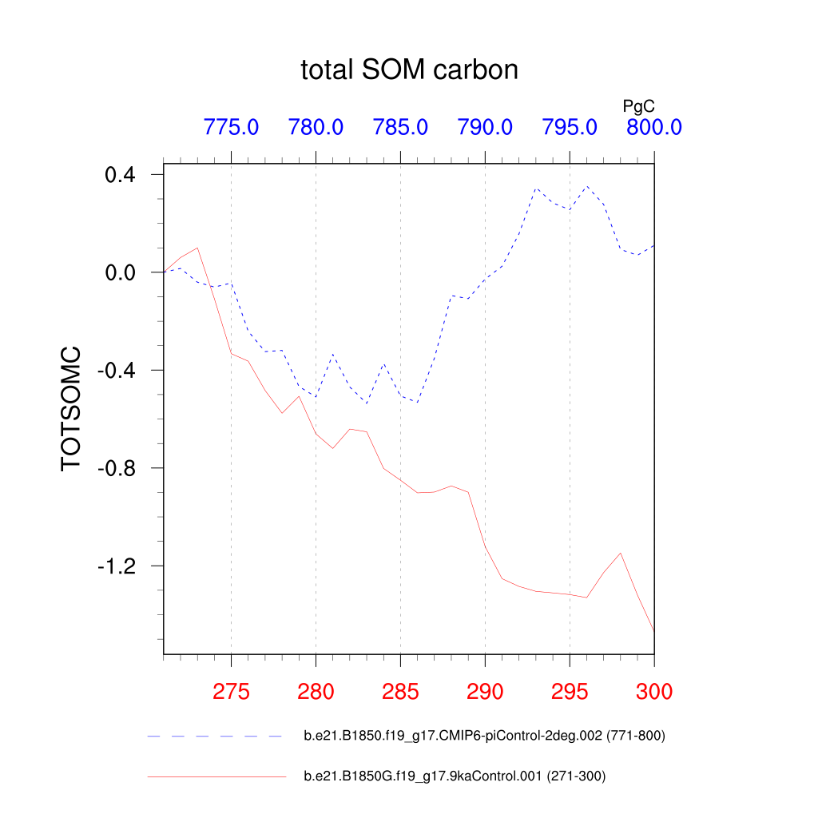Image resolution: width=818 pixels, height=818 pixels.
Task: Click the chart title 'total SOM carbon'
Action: (409, 70)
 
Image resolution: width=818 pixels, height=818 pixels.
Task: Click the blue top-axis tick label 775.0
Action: (231, 127)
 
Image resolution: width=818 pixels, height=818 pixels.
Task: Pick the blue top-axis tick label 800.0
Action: (653, 127)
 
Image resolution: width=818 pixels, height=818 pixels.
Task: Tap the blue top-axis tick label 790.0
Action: (485, 127)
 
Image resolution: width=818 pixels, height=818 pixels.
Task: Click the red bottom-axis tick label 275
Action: (231, 692)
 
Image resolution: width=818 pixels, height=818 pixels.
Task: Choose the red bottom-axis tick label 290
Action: (485, 692)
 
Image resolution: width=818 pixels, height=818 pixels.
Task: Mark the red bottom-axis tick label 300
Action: (654, 692)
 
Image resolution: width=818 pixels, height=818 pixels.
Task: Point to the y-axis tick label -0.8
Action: (118, 468)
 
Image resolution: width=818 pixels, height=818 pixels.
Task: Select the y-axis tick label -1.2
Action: (118, 566)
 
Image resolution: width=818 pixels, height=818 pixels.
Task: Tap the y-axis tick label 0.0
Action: (122, 272)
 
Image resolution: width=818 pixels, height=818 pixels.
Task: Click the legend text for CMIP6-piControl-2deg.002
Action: (484, 736)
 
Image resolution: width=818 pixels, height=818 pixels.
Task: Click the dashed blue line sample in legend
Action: (216, 736)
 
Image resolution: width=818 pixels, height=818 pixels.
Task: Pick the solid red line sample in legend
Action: (216, 776)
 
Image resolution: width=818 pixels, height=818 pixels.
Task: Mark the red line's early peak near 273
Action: (197, 248)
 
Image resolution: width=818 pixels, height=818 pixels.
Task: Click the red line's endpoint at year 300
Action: (654, 631)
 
